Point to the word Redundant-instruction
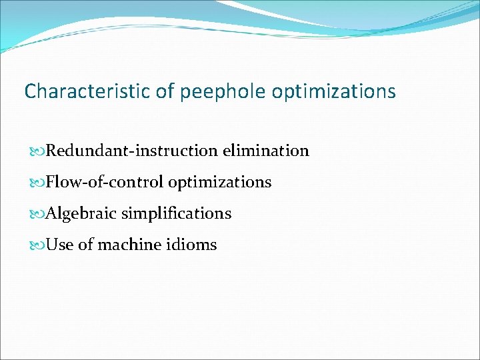click(x=133, y=151)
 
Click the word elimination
click(x=266, y=151)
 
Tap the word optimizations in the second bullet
click(x=219, y=182)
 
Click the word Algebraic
click(x=82, y=213)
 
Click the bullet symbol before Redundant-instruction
click(x=38, y=151)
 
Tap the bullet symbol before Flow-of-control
click(x=38, y=183)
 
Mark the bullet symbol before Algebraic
click(x=38, y=214)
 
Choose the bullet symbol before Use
click(x=38, y=245)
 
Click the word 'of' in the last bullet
click(x=85, y=245)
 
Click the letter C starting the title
click(x=30, y=91)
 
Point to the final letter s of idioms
click(x=213, y=245)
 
